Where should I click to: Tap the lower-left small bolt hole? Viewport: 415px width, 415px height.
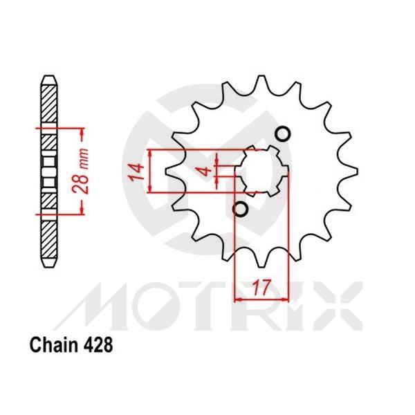click(240, 208)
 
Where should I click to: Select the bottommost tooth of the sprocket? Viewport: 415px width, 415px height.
click(261, 262)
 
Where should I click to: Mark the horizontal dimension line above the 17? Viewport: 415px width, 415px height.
click(261, 299)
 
